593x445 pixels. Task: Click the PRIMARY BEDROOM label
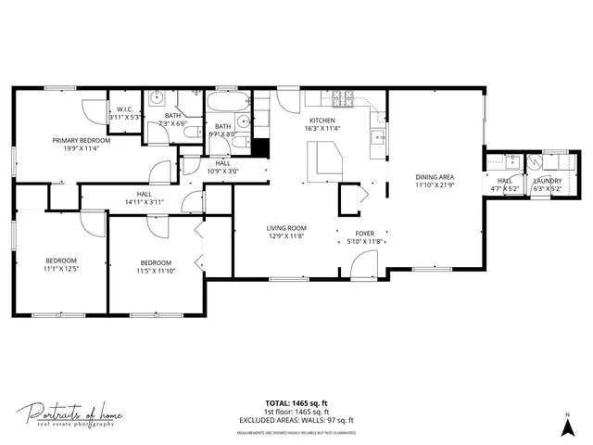point(81,140)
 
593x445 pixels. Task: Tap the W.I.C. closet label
point(123,109)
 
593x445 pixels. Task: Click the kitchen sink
point(377,138)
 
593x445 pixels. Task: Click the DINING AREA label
point(434,177)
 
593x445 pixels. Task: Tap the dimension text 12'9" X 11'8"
point(286,235)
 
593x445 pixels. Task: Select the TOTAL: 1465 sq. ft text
point(296,403)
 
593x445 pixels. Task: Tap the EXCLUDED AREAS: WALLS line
point(296,420)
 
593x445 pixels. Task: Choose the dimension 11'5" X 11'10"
point(156,271)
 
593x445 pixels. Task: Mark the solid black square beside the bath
point(260,147)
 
